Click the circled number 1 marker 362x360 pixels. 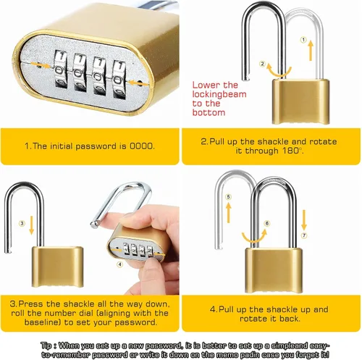coord(303,40)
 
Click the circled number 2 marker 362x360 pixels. coord(262,64)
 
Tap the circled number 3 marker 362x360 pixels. coord(22,223)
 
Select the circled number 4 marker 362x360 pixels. coord(120,264)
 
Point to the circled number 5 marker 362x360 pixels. coord(229,197)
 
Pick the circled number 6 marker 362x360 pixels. coord(267,223)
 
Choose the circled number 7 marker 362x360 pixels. coord(304,235)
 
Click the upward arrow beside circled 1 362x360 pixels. coord(311,51)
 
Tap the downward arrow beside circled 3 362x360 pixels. coord(31,225)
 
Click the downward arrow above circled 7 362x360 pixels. coord(304,220)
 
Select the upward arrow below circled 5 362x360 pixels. coord(229,213)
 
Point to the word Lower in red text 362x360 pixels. coord(206,85)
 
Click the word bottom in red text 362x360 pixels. coord(209,112)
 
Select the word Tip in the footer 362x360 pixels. coord(46,346)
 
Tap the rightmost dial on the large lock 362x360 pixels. coord(119,80)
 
